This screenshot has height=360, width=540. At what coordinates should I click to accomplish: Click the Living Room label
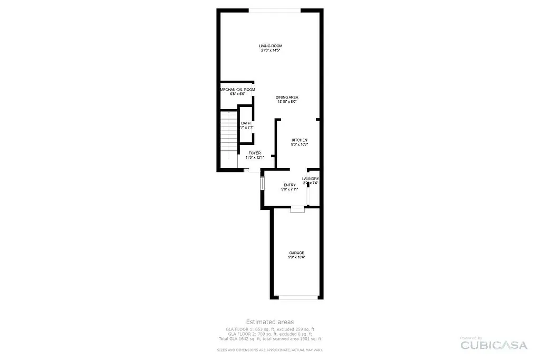270,46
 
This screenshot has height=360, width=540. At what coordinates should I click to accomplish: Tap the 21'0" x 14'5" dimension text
270,51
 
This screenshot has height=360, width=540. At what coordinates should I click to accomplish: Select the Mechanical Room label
237,90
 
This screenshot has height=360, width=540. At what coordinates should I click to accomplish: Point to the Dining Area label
287,98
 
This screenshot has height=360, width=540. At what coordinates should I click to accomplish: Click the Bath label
246,123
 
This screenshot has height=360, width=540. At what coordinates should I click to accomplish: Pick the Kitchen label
300,140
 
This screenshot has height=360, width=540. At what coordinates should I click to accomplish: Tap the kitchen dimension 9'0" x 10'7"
300,144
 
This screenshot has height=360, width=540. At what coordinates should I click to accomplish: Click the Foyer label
255,153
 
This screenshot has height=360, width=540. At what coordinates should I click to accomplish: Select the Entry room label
290,185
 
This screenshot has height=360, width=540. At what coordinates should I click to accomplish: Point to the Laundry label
310,179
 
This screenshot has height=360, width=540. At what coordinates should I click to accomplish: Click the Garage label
296,253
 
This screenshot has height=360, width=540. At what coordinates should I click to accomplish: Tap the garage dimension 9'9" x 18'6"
296,257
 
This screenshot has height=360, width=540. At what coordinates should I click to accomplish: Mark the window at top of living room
274,9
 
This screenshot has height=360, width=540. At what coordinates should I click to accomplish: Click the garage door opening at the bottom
298,297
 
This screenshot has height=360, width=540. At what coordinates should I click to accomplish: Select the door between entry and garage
298,209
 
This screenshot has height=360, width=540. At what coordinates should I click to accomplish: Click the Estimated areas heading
269,322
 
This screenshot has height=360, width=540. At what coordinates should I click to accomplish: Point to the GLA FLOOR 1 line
269,329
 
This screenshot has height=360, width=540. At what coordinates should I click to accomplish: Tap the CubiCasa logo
494,345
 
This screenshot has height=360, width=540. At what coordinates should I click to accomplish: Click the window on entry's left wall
262,183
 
